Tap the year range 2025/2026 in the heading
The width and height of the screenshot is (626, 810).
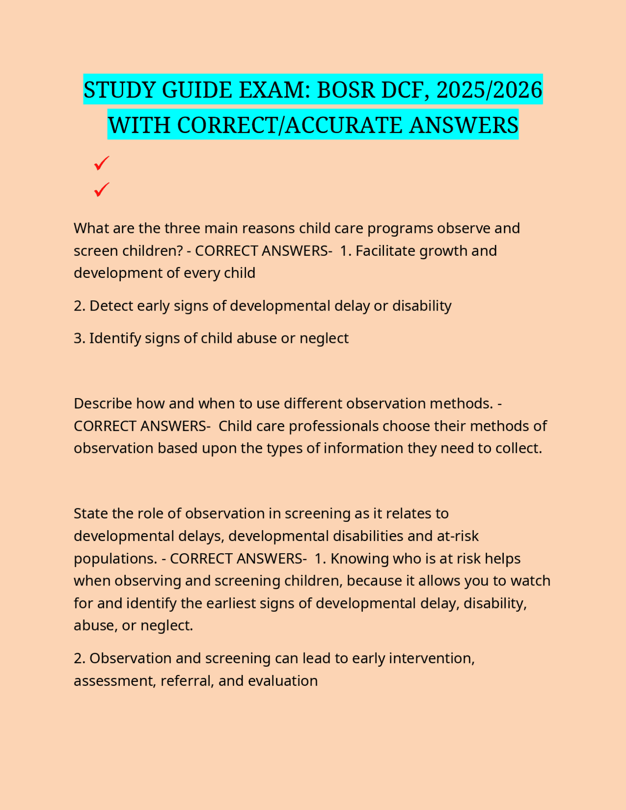[489, 90]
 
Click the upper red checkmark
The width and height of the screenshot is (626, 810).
[101, 163]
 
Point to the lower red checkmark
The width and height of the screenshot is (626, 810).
[101, 189]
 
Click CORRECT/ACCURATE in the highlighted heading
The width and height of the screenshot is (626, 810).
[290, 125]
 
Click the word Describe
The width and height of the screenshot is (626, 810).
[103, 404]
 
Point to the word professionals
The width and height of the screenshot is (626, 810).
[334, 426]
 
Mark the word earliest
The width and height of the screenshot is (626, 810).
[232, 603]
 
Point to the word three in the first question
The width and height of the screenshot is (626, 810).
[182, 228]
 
